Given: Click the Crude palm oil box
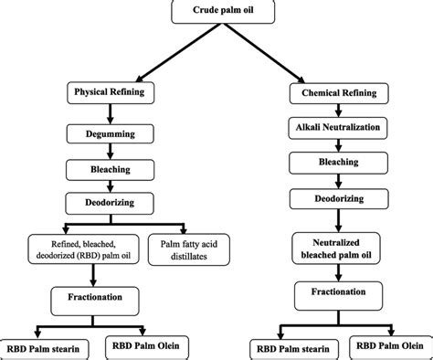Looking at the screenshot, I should (216, 11).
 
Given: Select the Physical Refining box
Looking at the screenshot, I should (111, 93).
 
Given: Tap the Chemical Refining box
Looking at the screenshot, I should (333, 93).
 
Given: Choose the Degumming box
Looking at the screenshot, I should (111, 132).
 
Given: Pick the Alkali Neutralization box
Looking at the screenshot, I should (333, 126).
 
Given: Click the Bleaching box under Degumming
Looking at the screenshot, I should (111, 170).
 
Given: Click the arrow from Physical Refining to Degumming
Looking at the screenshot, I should (111, 112).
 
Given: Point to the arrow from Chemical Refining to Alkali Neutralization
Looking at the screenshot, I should (333, 110).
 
